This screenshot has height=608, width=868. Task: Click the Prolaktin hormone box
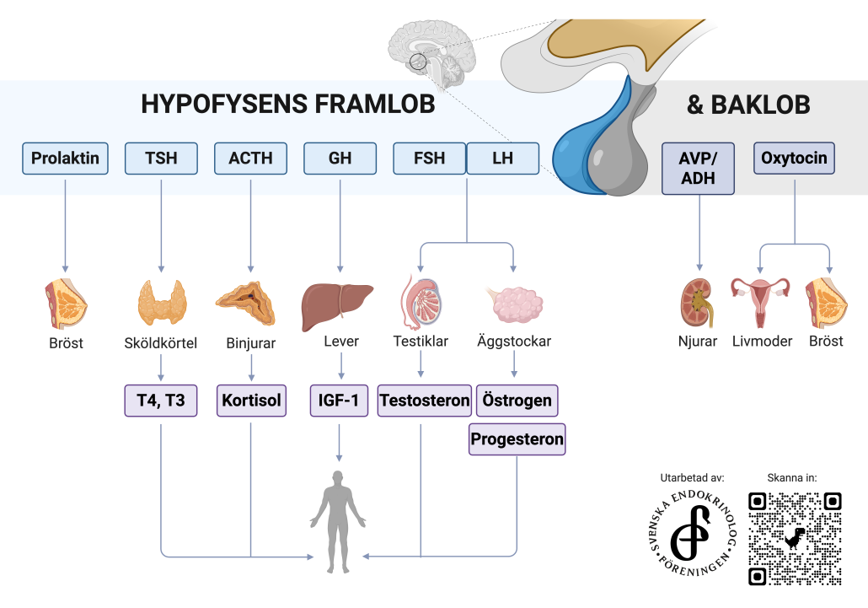[x=66, y=159]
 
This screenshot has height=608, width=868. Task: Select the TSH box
[x=161, y=159]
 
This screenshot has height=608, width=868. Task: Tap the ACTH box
[x=251, y=159]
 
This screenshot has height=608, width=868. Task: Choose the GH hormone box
[x=340, y=159]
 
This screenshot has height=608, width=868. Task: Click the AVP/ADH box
[x=698, y=169]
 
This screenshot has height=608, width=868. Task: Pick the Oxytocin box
[x=794, y=158]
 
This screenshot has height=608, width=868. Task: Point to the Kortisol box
[x=251, y=401]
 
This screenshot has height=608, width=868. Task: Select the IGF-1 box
[x=339, y=401]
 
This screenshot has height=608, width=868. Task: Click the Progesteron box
[x=517, y=439]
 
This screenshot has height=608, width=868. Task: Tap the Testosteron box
[x=425, y=401]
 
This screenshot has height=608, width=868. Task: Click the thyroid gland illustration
[x=162, y=303]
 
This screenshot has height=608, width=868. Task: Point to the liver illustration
[x=336, y=306]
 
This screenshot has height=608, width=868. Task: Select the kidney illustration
[x=697, y=303]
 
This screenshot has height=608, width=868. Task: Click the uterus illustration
[x=760, y=302]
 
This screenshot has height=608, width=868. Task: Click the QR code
[x=795, y=539]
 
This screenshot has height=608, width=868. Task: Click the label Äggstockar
[x=514, y=341]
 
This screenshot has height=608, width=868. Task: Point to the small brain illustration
[x=431, y=54]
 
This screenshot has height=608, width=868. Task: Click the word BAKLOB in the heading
[x=760, y=105]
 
